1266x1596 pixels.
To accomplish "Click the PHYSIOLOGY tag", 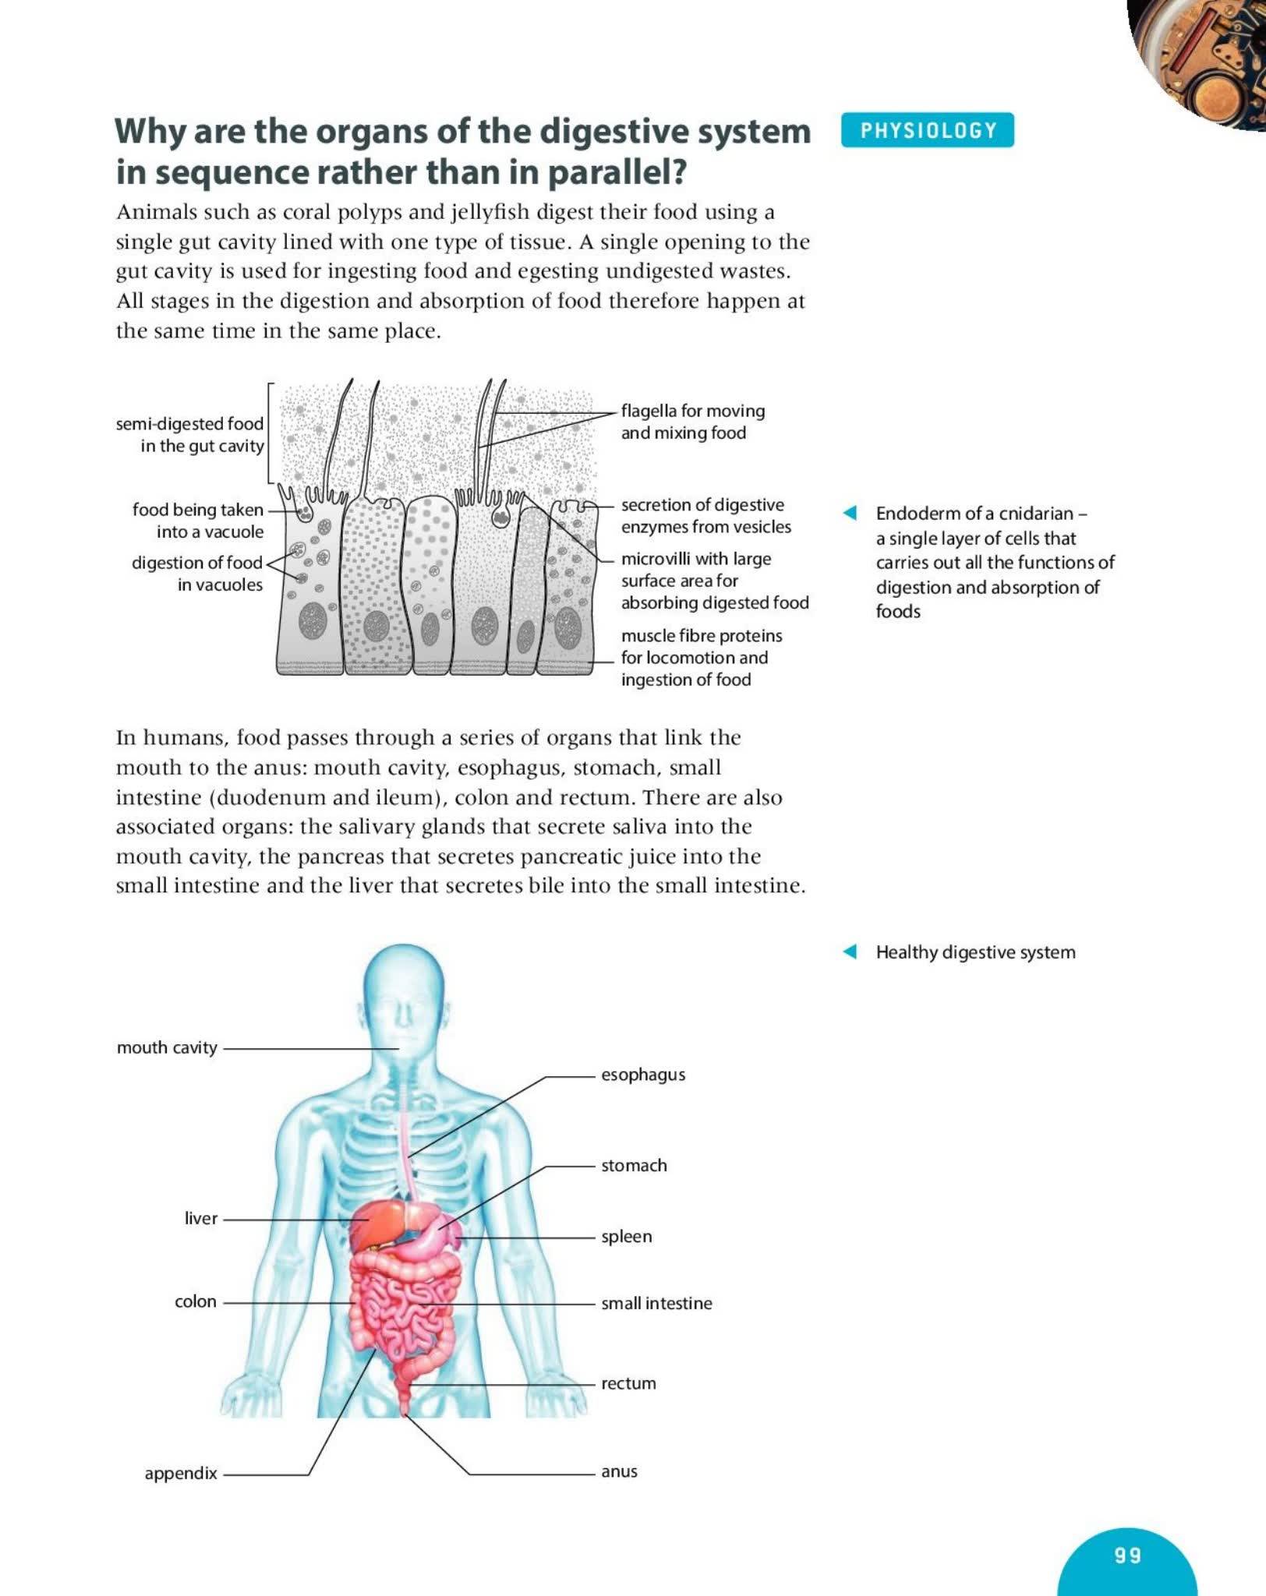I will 928,130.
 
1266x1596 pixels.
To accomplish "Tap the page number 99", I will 1127,1555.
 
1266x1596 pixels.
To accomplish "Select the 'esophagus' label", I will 643,1075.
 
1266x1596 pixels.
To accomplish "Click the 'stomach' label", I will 634,1166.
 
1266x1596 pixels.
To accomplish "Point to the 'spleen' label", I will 626,1237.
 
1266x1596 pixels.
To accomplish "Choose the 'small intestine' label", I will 656,1304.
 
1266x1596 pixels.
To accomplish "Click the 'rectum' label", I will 628,1384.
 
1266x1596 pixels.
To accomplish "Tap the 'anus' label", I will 619,1472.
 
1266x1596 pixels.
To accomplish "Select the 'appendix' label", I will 181,1474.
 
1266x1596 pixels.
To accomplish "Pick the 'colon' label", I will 196,1301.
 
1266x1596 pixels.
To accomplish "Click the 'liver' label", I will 201,1218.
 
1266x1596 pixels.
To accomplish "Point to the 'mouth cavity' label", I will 167,1048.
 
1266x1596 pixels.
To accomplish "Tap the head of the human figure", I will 404,997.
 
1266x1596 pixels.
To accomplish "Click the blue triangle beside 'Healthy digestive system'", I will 850,952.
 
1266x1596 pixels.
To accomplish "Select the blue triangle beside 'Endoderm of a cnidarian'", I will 850,513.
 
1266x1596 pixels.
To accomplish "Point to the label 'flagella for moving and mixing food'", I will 692,422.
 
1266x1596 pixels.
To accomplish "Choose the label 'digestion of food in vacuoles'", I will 197,574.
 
